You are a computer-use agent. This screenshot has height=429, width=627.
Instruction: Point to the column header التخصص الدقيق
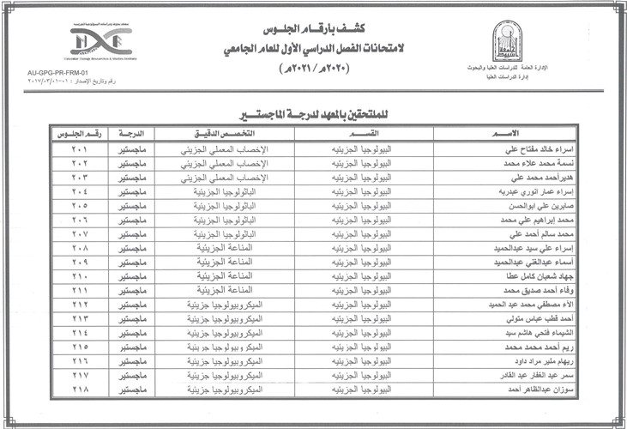click(x=226, y=134)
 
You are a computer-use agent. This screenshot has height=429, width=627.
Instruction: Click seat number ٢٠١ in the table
click(x=81, y=149)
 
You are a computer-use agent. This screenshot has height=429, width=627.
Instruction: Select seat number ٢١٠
click(x=81, y=276)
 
